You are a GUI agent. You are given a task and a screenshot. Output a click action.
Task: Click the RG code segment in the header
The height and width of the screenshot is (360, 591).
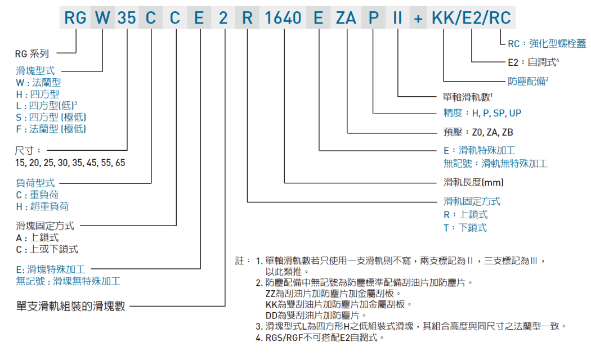click(x=75, y=17)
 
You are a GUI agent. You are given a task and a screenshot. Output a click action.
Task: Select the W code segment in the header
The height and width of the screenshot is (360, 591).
click(x=102, y=17)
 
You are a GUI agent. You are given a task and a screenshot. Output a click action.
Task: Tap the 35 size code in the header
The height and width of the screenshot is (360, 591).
click(x=127, y=17)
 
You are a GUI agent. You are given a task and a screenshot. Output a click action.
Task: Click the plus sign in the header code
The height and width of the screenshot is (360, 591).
click(x=418, y=17)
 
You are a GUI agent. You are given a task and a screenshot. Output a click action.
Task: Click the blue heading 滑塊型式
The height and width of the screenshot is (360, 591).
click(x=35, y=71)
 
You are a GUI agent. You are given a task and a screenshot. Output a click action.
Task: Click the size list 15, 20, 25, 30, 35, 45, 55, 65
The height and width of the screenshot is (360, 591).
click(x=70, y=163)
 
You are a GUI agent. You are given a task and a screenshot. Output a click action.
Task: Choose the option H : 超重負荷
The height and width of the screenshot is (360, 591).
click(x=42, y=206)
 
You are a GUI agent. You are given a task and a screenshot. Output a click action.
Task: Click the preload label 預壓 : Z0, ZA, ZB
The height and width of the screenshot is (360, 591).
click(x=478, y=132)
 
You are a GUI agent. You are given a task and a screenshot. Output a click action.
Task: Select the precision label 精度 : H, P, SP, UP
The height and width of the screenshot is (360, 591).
click(x=482, y=113)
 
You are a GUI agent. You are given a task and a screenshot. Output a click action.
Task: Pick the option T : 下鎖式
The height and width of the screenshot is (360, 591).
click(x=465, y=227)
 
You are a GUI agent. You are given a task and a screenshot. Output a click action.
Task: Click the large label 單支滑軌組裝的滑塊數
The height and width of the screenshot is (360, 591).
click(x=71, y=306)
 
